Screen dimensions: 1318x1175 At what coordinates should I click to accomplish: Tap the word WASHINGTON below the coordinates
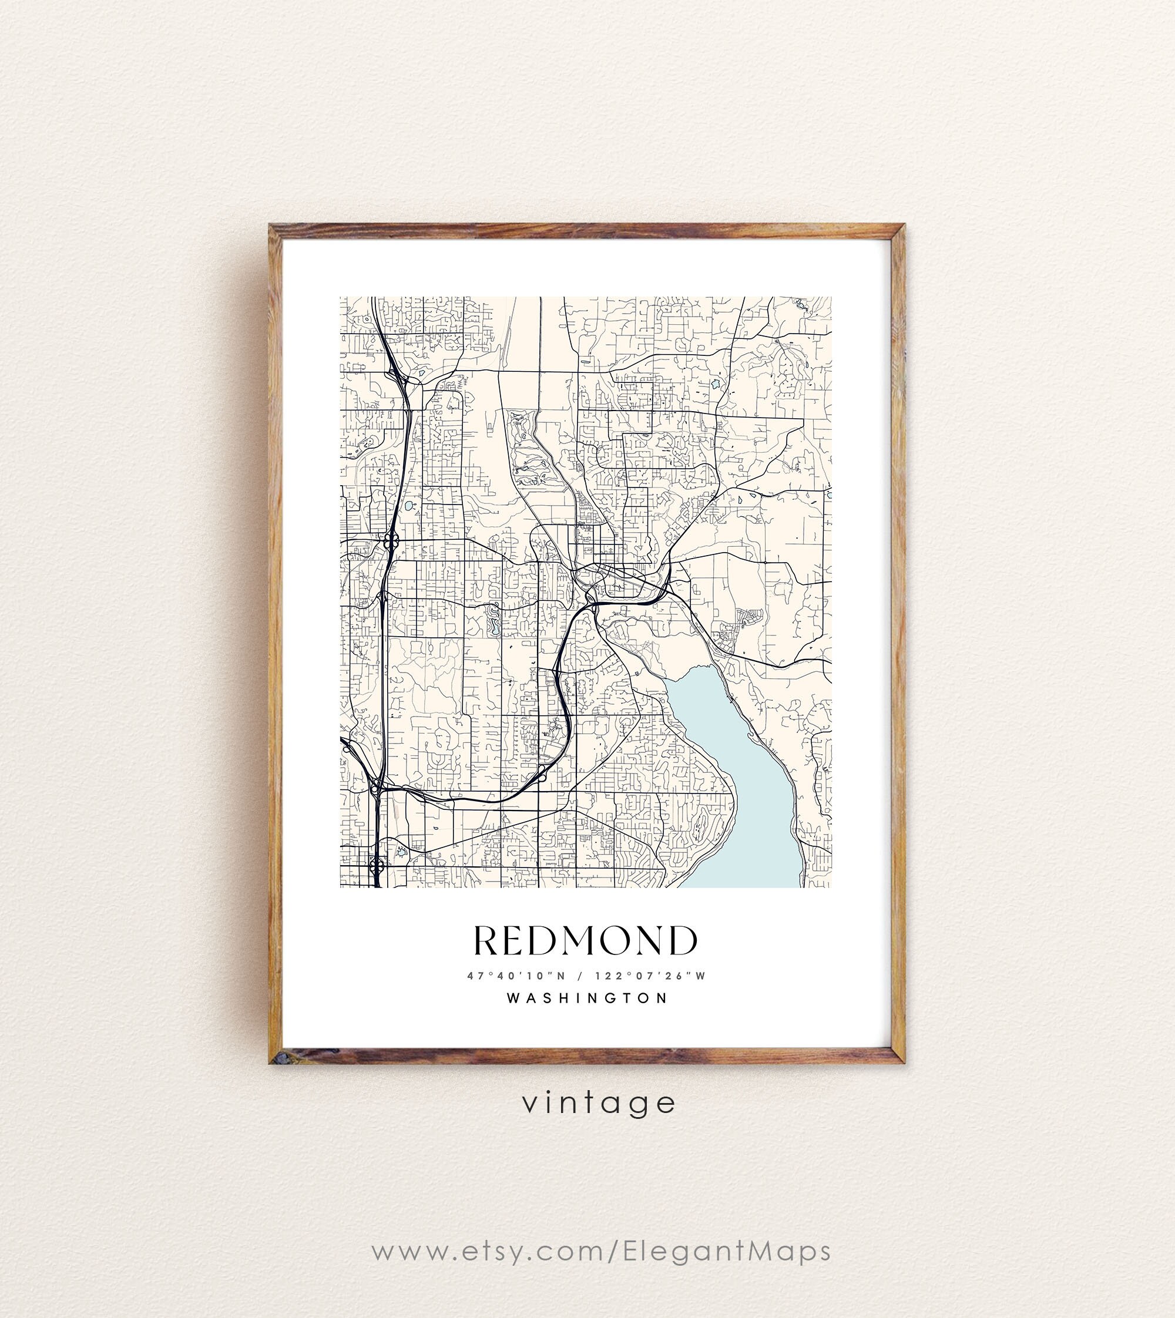point(587,998)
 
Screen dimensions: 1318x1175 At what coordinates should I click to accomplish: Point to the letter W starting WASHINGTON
point(513,998)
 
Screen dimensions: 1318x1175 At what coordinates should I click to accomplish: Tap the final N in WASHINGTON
point(661,998)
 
